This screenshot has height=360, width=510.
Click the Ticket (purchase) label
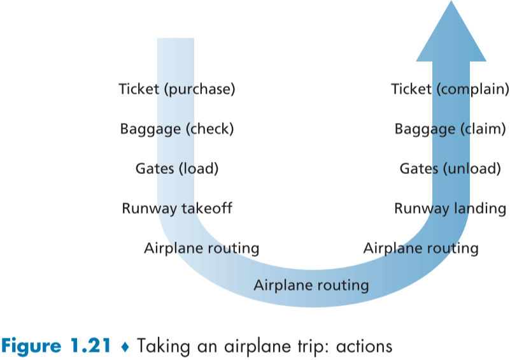click(177, 89)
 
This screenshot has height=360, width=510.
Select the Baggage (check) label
click(177, 129)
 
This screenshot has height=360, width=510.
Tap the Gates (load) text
click(177, 169)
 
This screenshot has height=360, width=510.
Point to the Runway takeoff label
click(177, 208)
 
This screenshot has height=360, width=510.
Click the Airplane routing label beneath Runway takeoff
click(201, 248)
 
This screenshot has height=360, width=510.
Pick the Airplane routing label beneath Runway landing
click(421, 248)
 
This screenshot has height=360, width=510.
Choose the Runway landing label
click(450, 208)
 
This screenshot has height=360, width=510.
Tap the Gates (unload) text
click(450, 169)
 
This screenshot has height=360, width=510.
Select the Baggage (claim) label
click(450, 129)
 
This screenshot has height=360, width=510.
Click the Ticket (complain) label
click(450, 89)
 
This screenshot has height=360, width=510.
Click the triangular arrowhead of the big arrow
click(451, 32)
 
